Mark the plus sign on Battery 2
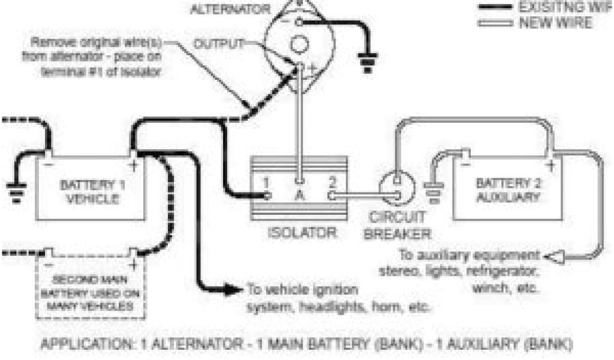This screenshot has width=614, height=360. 549,164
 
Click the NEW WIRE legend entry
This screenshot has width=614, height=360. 554,23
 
